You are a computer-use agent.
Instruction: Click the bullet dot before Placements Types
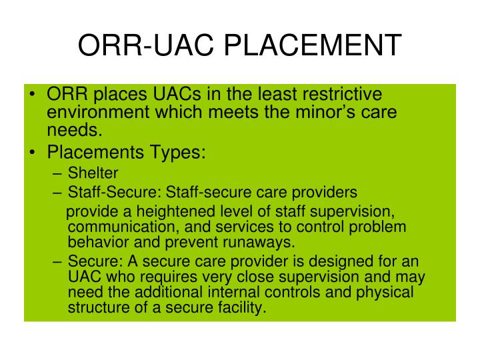tap(34, 153)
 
